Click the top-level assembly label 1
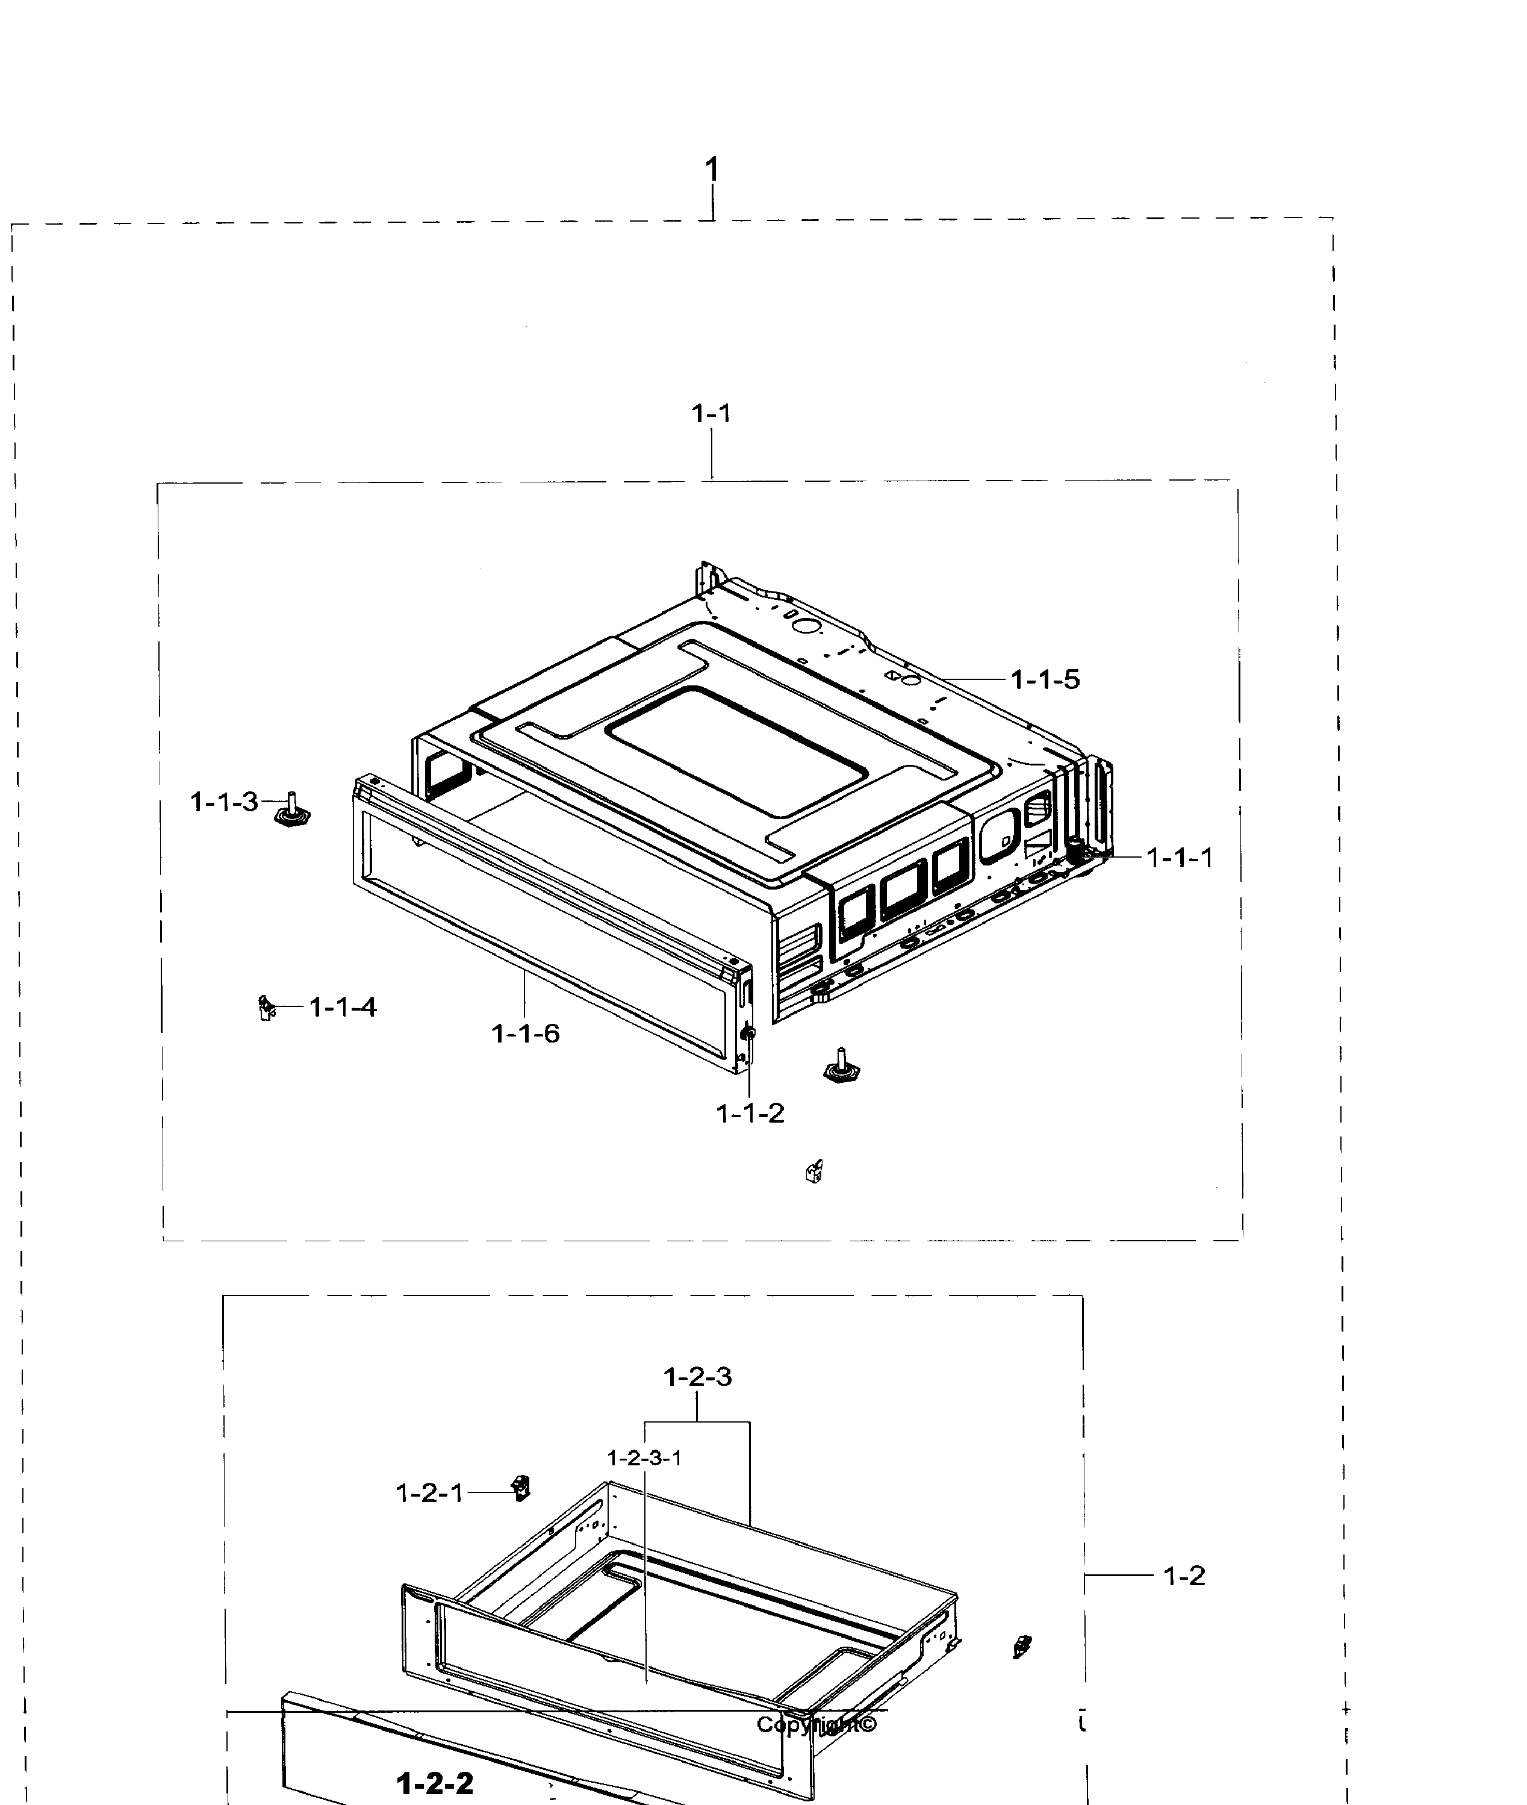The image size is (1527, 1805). point(712,170)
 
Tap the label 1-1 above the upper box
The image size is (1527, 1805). point(711,414)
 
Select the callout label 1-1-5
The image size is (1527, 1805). point(1046,679)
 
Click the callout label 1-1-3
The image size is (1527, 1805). point(224,802)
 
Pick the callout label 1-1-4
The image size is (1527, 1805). point(343,1007)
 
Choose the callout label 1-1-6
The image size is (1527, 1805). point(526,1033)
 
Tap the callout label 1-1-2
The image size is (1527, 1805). point(750,1114)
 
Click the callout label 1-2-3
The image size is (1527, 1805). point(698,1376)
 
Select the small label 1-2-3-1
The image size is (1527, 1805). point(644,1458)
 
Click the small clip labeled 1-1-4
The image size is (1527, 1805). point(265,1007)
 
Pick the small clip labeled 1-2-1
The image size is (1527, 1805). point(521,1488)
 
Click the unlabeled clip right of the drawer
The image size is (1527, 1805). point(1022,1646)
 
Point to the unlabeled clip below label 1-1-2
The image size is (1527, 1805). point(813,1172)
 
